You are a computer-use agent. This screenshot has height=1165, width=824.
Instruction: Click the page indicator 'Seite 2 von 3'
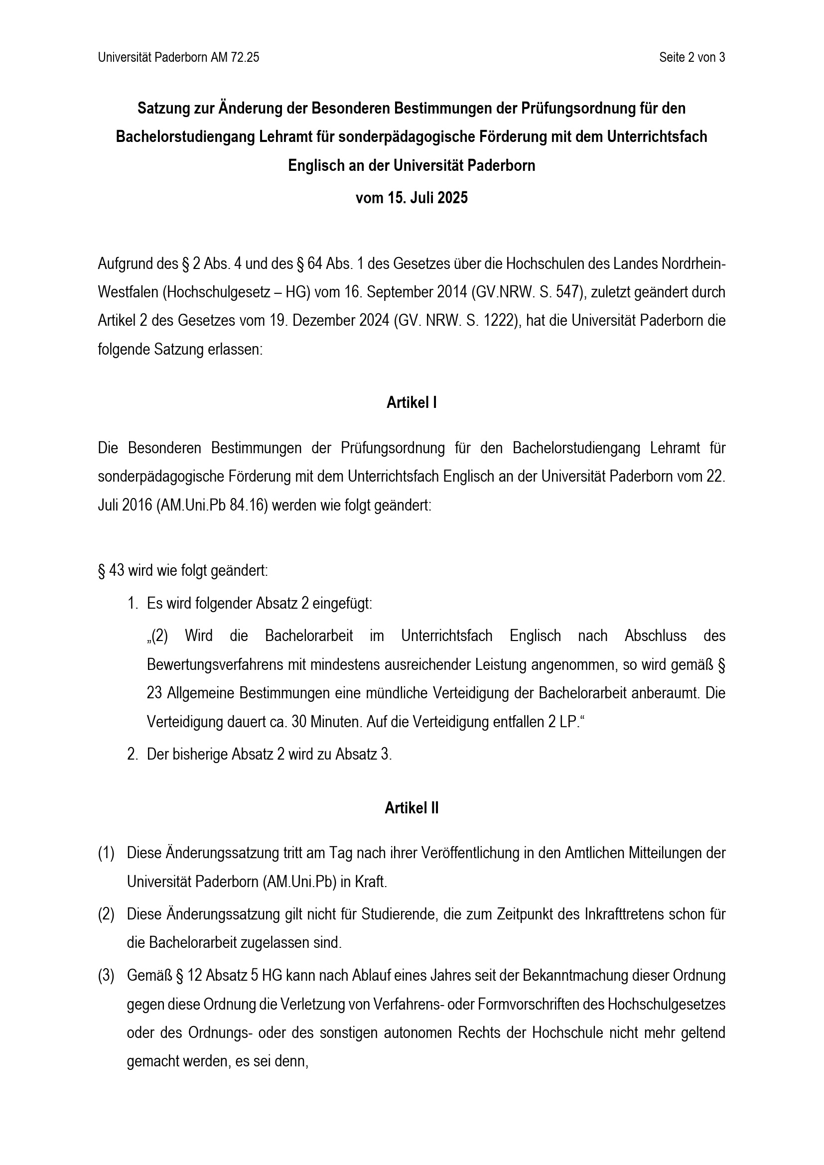(x=691, y=58)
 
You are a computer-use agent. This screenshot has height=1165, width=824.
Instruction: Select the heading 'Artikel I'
(x=412, y=403)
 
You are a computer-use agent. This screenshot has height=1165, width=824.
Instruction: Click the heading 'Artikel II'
(x=412, y=808)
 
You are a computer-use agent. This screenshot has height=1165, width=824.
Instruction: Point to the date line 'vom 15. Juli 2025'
(x=412, y=198)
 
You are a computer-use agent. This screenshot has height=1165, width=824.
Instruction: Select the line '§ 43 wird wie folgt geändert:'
(x=183, y=571)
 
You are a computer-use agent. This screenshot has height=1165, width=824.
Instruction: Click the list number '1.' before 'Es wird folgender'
(x=133, y=604)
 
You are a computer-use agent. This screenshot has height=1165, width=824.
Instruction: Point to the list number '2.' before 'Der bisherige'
(x=133, y=755)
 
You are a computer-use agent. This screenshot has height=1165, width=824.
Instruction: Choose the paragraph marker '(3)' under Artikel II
(x=106, y=976)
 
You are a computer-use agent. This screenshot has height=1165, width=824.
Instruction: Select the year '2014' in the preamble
(x=450, y=293)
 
